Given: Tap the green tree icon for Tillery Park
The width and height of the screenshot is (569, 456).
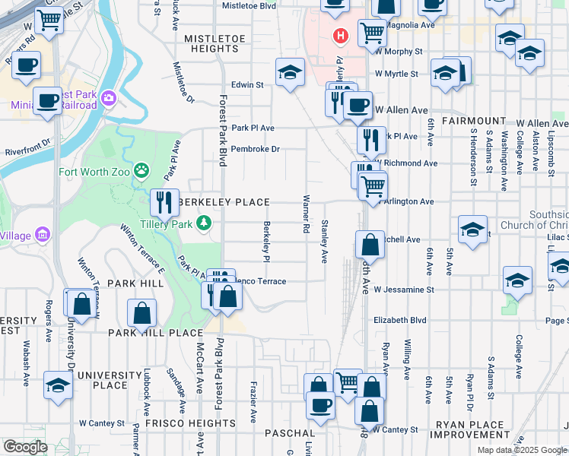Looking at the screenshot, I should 203,223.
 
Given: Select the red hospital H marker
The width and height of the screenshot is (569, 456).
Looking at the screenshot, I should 341,35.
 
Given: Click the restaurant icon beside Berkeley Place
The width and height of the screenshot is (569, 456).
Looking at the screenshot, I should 164,203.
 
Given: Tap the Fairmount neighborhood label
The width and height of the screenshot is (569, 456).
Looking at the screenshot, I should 472,121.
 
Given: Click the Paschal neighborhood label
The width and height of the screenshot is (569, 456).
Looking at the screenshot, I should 284,433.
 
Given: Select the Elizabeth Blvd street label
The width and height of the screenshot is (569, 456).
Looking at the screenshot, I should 399,321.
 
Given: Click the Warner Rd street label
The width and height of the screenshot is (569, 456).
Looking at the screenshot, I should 307,214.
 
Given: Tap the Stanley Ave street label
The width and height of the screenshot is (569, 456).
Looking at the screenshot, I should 325,242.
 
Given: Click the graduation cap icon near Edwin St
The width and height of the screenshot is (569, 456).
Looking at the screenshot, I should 289,74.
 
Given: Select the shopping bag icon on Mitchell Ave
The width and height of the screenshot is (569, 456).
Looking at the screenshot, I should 370,245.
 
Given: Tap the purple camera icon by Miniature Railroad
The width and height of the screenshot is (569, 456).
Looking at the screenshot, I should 109,97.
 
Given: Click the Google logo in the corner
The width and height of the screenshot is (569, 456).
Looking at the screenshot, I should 25,447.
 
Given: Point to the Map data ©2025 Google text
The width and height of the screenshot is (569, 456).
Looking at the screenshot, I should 522,450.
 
